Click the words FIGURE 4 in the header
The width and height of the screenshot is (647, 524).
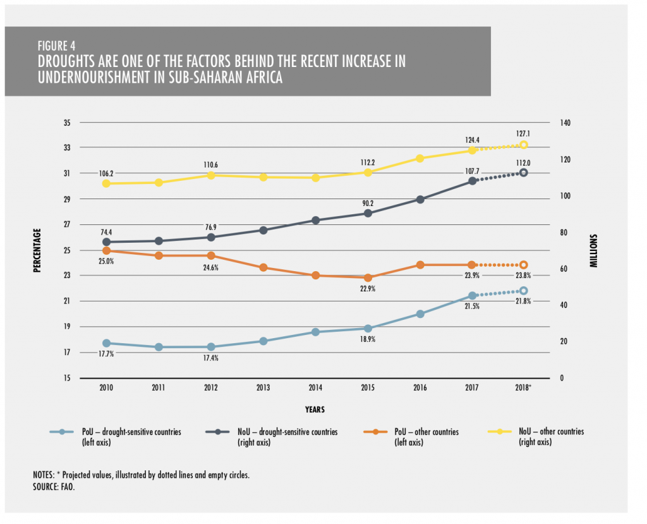[57, 46]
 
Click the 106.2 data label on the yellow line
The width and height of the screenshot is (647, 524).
[106, 173]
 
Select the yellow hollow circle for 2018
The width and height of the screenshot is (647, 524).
[523, 145]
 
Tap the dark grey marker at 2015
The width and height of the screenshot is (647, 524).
[368, 213]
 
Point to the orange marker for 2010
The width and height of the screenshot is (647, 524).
[106, 251]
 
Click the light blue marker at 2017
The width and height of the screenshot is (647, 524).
[472, 296]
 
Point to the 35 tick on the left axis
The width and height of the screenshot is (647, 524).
[66, 123]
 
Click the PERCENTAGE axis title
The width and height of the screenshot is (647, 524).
[37, 250]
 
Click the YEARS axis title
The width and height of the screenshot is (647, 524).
[314, 410]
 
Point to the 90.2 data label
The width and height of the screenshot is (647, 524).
[368, 203]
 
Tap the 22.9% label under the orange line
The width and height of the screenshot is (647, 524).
[368, 288]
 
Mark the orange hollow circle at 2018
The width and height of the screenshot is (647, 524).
[523, 265]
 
